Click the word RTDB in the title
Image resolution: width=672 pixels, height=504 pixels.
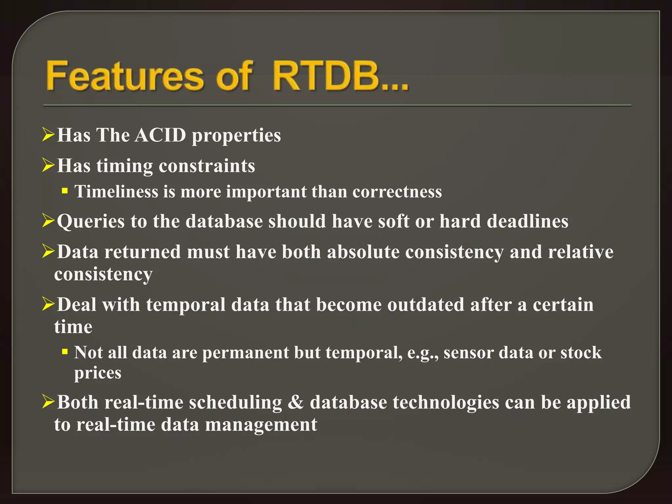click(325, 76)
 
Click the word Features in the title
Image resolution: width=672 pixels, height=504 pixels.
click(125, 76)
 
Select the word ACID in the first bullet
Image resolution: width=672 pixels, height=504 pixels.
click(160, 135)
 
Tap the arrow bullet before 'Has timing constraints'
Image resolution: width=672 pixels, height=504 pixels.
click(48, 165)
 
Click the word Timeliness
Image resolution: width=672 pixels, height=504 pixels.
click(116, 192)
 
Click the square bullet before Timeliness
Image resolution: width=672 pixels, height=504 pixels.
click(65, 191)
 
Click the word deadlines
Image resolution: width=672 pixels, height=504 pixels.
click(527, 221)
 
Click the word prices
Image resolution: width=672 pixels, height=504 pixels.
click(98, 373)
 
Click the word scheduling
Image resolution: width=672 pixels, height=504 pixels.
click(235, 402)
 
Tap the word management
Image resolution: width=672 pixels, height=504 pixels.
click(261, 425)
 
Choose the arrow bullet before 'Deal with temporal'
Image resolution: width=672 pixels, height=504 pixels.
click(48, 304)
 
